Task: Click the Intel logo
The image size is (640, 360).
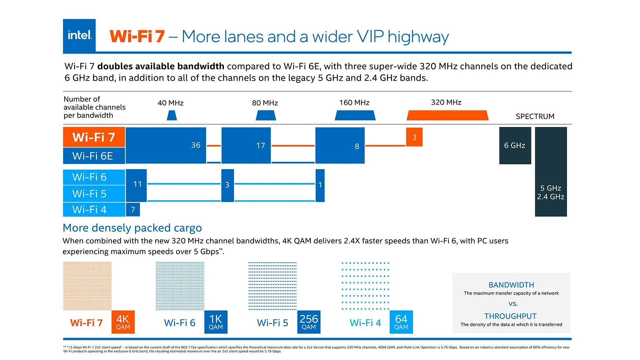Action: pos(79,35)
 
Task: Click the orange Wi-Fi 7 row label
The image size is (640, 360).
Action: pos(94,137)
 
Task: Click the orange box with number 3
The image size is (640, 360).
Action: pos(414,137)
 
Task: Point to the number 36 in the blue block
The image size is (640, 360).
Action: pos(196,145)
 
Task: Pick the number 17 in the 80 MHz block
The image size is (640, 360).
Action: pos(260,145)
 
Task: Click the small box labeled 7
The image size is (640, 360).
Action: pos(133,210)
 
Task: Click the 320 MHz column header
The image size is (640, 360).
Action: pos(446,102)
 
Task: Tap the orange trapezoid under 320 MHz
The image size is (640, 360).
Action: pos(447,116)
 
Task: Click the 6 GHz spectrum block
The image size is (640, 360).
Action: pos(515,145)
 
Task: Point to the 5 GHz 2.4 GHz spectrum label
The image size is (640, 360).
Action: pos(550,192)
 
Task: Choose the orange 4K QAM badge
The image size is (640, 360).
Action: pos(123,322)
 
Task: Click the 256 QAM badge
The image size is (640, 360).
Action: pos(309,322)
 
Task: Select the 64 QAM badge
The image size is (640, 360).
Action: pos(401,322)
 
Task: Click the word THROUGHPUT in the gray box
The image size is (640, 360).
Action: pos(510,316)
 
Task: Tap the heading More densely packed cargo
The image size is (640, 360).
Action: pos(132,228)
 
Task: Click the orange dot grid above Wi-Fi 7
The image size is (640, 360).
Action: pos(87,286)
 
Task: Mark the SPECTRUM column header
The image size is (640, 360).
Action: pos(535,116)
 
